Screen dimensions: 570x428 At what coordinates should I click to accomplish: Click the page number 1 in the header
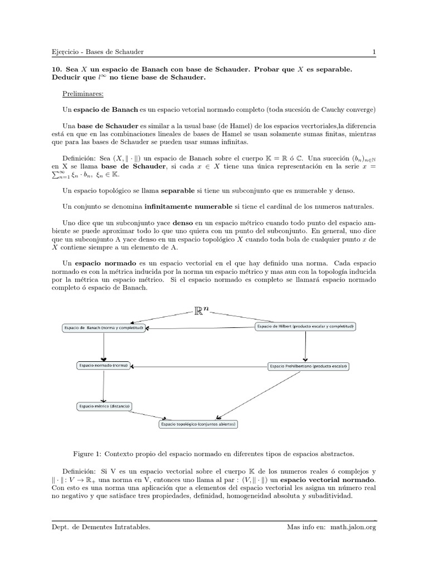(374, 52)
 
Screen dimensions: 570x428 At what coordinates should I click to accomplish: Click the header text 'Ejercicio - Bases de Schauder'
(97, 52)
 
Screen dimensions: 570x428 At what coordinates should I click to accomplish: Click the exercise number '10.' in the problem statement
(57, 69)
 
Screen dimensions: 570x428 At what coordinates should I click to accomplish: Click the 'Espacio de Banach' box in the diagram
(104, 328)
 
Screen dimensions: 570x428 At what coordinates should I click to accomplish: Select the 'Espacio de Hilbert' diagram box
(305, 326)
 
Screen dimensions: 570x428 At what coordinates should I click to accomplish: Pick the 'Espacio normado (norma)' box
(103, 366)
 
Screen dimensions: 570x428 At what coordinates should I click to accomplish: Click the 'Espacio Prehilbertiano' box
(308, 366)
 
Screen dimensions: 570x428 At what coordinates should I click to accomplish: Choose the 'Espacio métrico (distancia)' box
(104, 406)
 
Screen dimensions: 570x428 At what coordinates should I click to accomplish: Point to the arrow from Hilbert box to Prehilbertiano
(305, 345)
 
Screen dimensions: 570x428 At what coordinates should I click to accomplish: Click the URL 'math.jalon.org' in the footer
(353, 527)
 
